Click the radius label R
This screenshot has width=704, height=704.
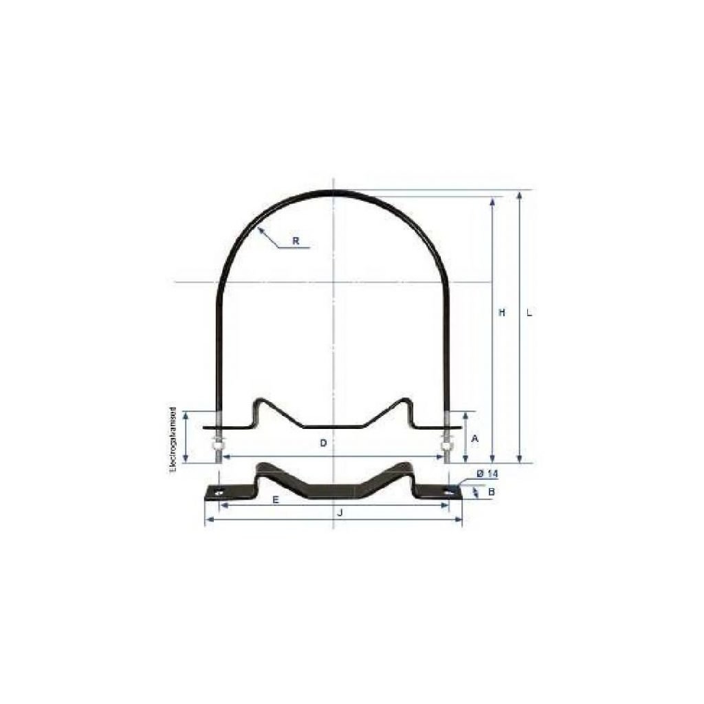[x=295, y=241]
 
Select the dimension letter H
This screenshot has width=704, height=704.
[x=502, y=313]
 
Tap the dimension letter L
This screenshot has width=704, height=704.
[x=529, y=313]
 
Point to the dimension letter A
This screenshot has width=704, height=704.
[x=474, y=438]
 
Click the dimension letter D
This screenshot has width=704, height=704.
[x=323, y=443]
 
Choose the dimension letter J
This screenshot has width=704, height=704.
[x=340, y=513]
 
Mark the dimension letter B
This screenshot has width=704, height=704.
[x=491, y=492]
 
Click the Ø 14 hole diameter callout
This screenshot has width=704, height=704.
[x=486, y=474]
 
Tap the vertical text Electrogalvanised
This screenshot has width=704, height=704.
[x=173, y=440]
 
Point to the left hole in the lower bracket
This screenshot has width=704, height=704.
[x=219, y=492]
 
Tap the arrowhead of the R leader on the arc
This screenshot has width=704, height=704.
[x=260, y=230]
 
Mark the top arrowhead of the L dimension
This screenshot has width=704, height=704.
[x=520, y=195]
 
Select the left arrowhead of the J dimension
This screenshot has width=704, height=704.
[x=208, y=520]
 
